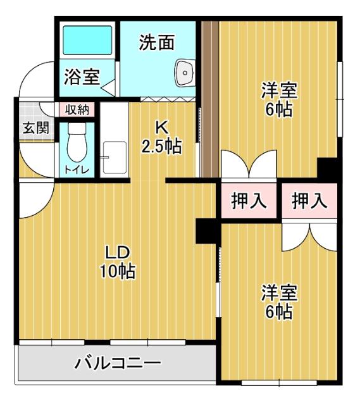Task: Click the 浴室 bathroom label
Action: pyautogui.click(x=81, y=78)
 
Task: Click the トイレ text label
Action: pyautogui.click(x=77, y=169)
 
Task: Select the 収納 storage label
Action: pyautogui.click(x=77, y=109)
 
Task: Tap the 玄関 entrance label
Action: pyautogui.click(x=36, y=127)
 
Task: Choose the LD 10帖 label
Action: pyautogui.click(x=117, y=262)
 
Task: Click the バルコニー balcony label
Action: pyautogui.click(x=118, y=364)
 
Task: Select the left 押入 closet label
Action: pyautogui.click(x=248, y=201)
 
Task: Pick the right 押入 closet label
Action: pyautogui.click(x=309, y=201)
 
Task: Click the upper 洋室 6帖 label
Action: pyautogui.click(x=279, y=99)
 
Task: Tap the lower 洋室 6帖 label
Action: pyautogui.click(x=279, y=302)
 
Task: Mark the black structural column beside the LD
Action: pyautogui.click(x=206, y=230)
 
